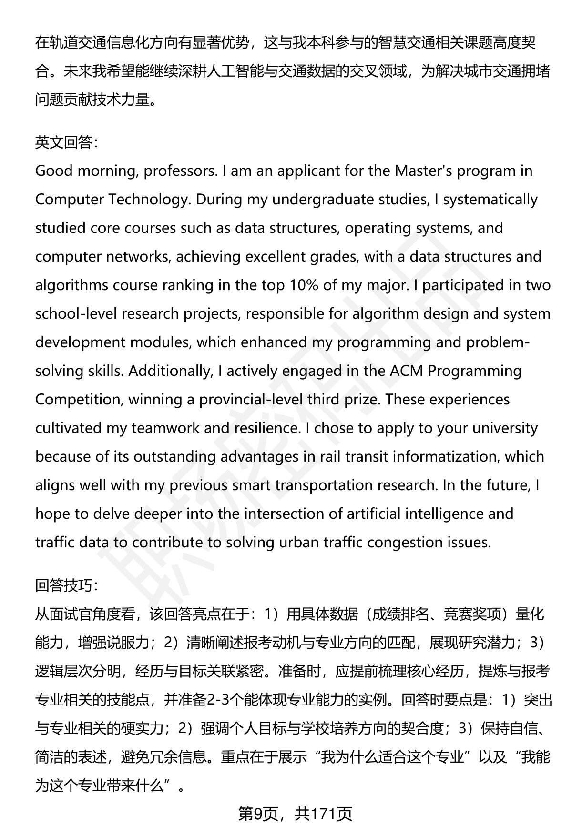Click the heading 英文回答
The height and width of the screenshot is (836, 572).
pyautogui.click(x=66, y=142)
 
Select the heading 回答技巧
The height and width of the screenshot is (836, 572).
pyautogui.click(x=66, y=585)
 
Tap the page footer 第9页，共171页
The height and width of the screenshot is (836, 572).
pyautogui.click(x=295, y=814)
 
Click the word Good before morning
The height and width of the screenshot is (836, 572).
pyautogui.click(x=54, y=171)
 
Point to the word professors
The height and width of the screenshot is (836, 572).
pyautogui.click(x=180, y=171)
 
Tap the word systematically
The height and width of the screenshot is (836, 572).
pyautogui.click(x=490, y=199)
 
